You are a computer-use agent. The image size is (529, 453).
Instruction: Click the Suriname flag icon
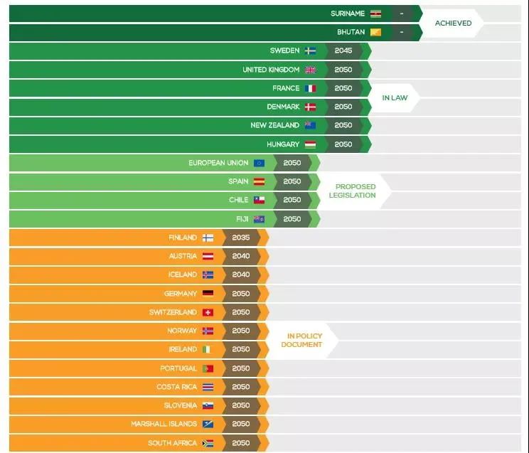(x=376, y=14)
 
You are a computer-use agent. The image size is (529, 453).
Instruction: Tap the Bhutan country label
(x=351, y=32)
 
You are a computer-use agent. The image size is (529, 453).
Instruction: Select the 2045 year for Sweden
(x=343, y=50)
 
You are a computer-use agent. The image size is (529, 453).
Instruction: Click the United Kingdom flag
(x=311, y=70)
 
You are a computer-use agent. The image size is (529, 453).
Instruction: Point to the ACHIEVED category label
(x=453, y=23)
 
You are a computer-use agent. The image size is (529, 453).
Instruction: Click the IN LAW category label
(x=395, y=97)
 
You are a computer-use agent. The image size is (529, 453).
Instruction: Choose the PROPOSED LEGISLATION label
(x=352, y=191)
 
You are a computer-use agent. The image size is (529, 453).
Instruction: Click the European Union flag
(x=260, y=163)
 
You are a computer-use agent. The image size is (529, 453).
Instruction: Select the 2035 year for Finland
(x=241, y=238)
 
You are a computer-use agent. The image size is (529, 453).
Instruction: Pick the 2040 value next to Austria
(x=241, y=256)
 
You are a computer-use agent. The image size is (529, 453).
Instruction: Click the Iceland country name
(x=182, y=275)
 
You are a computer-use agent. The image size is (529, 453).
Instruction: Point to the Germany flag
(x=208, y=293)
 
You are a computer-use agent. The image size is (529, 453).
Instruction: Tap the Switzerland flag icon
(x=208, y=312)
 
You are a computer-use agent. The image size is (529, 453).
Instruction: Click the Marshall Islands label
(x=164, y=424)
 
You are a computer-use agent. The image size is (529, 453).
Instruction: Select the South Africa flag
(x=208, y=442)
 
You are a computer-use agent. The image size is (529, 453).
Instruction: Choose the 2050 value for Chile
(x=292, y=200)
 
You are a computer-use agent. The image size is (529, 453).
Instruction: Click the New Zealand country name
(x=274, y=125)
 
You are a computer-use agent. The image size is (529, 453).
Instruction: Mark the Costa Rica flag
(x=208, y=387)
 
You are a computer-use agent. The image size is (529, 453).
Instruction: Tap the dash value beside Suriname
(x=402, y=14)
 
